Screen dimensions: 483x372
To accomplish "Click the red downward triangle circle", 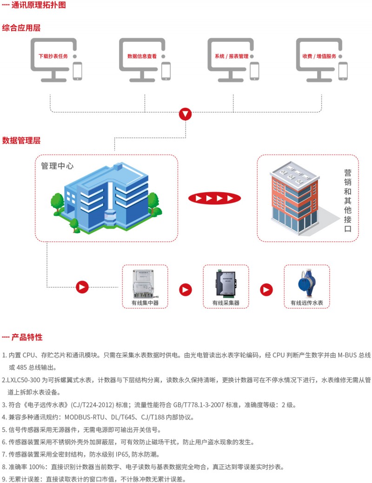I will pyautogui.click(x=186, y=114).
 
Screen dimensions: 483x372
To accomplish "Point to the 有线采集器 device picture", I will pyautogui.click(x=226, y=283).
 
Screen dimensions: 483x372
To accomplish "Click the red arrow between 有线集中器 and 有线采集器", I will pyautogui.click(x=186, y=289).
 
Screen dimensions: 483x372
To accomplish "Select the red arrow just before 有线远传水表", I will pyautogui.click(x=266, y=289).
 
